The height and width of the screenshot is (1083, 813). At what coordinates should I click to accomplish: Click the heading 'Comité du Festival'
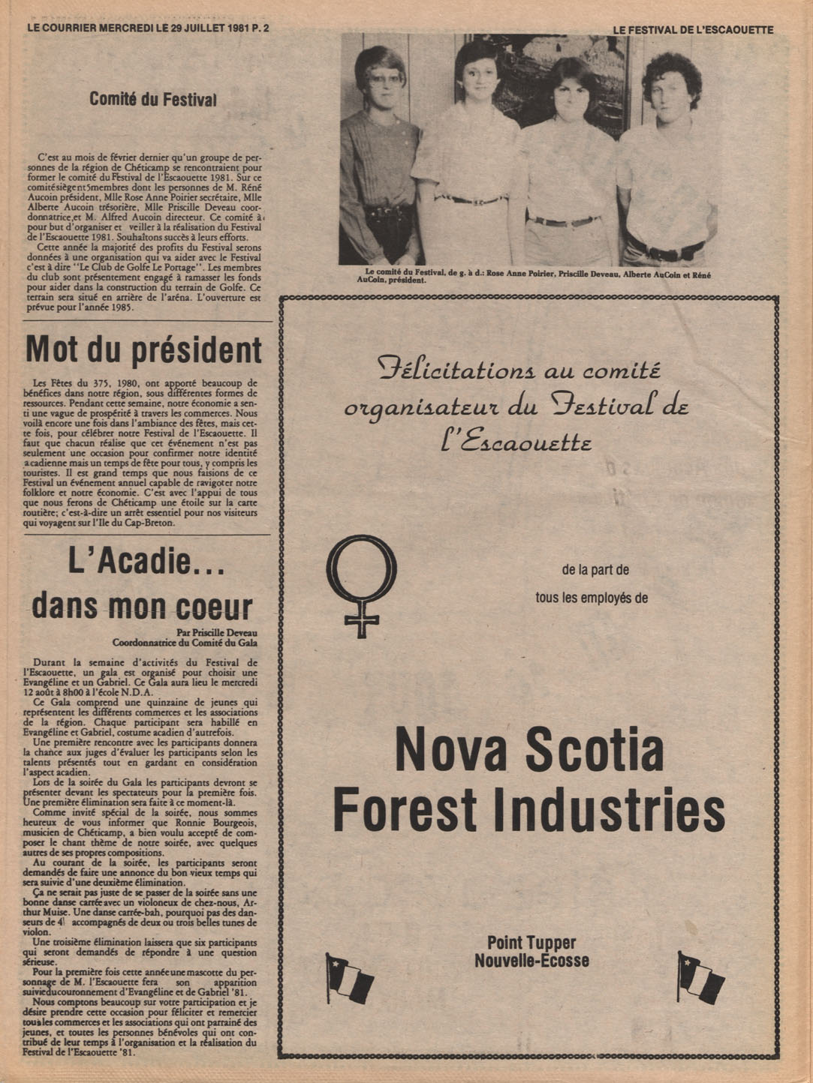tap(153, 99)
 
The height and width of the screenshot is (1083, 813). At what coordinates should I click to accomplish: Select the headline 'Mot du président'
tap(143, 349)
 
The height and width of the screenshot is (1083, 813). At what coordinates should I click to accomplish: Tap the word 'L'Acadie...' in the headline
tap(146, 562)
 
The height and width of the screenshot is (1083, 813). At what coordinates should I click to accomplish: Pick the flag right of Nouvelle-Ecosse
tap(700, 976)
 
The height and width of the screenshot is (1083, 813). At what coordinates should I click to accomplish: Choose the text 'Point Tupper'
tap(531, 943)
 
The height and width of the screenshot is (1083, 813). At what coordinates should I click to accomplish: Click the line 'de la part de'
tap(595, 570)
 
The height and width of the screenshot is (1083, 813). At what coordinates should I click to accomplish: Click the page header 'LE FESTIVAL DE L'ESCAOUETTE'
tap(692, 29)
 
